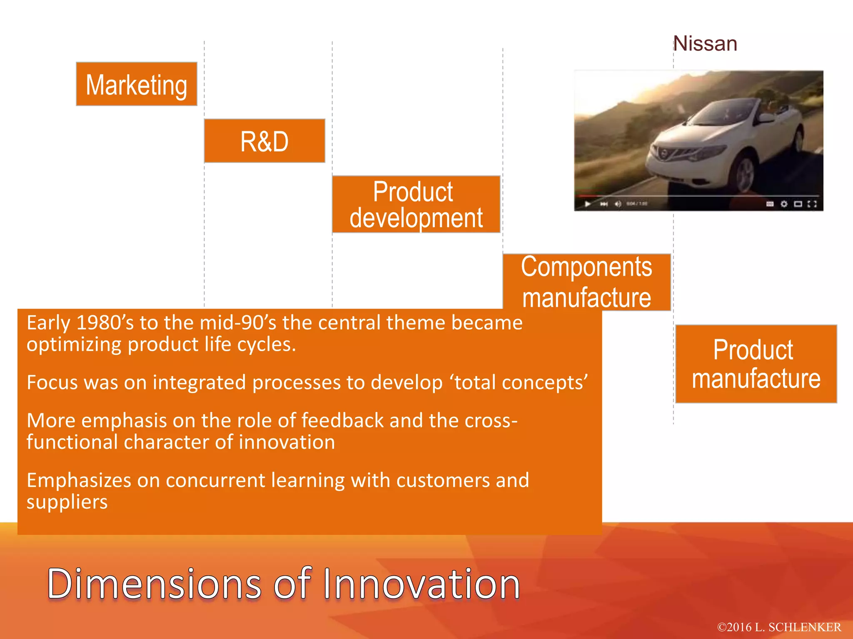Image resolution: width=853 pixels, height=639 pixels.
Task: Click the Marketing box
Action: [136, 84]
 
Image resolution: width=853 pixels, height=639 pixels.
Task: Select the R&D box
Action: [264, 141]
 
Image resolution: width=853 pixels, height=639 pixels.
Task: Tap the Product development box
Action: [416, 204]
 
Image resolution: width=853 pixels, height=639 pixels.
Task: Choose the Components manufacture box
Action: [586, 282]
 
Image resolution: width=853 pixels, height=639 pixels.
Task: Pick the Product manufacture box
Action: [756, 364]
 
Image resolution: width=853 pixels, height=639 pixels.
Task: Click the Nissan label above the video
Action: [705, 44]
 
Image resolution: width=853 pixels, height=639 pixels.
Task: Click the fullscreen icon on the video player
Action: [812, 204]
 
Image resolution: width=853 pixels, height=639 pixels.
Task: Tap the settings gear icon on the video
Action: [784, 204]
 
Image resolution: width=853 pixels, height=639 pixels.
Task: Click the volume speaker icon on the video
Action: [618, 204]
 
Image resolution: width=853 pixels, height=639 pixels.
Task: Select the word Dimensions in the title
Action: [154, 584]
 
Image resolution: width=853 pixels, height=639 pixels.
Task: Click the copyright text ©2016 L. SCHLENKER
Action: [779, 627]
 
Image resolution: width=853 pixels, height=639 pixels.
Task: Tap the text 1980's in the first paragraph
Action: [105, 323]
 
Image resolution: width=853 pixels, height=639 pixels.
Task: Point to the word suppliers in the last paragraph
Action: [67, 502]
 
